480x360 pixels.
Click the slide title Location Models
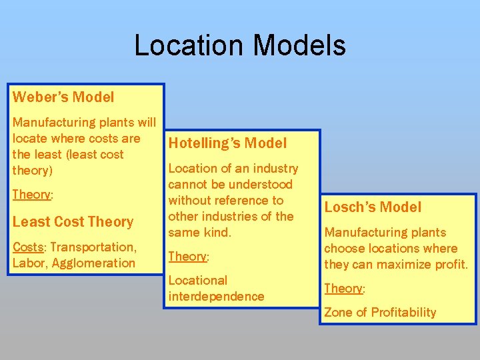pos(240,45)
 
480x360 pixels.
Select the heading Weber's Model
pos(63,97)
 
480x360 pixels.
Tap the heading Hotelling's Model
pos(227,143)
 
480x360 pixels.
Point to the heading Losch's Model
pos(373,207)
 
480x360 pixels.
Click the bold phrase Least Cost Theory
pos(73,222)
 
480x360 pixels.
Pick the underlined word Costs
pos(27,247)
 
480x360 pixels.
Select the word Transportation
pos(93,247)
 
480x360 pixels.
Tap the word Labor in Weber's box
pos(28,263)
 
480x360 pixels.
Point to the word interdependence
pos(216,297)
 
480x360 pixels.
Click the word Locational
pos(198,281)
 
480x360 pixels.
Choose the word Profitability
pos(403,313)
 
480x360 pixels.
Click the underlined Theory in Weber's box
pos(31,195)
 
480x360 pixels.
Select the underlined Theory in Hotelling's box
pos(187,257)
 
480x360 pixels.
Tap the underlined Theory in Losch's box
pos(343,289)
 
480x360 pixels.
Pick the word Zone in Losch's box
pos(338,313)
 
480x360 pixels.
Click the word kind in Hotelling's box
pos(216,233)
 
